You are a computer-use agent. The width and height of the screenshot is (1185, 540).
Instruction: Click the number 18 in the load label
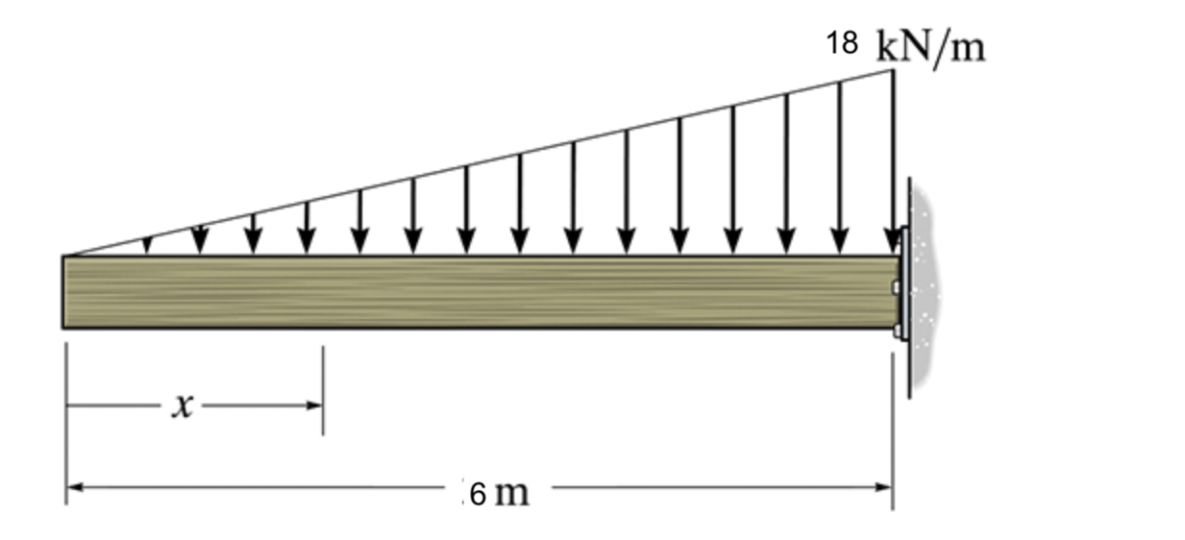[842, 43]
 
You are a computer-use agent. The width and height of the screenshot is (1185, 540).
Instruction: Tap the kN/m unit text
[931, 46]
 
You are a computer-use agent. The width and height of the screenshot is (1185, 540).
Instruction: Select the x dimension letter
[183, 406]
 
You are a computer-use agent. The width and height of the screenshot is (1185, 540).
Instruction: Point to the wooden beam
[481, 292]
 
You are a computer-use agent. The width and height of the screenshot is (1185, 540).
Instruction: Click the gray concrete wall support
[923, 288]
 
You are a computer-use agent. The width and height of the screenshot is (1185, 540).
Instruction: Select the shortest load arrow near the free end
[147, 246]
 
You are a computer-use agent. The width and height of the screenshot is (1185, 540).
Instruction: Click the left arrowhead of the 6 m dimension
[73, 487]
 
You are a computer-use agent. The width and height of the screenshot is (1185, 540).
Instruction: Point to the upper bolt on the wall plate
[897, 287]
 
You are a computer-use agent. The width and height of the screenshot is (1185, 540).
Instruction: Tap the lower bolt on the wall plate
[897, 331]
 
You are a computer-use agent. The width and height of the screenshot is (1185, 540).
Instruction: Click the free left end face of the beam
[64, 292]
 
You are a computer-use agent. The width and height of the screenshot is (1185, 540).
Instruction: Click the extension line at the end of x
[323, 389]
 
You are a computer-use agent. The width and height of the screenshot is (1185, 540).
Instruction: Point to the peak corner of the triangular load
[893, 70]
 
